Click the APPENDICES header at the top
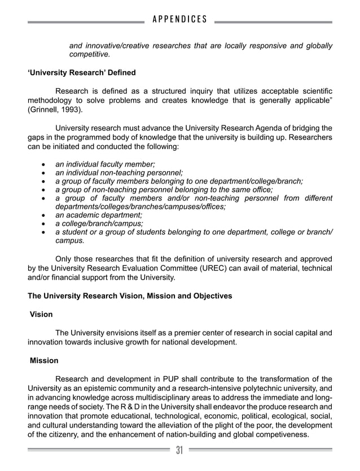point(180,20)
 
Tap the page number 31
point(179,450)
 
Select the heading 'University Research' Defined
point(82,73)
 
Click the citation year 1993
point(70,109)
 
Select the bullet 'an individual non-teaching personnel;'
point(119,172)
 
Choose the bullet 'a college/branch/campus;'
point(99,223)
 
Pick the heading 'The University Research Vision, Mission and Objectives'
point(130,296)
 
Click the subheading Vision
point(42,314)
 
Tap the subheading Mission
point(44,360)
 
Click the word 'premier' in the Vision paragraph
point(174,333)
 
